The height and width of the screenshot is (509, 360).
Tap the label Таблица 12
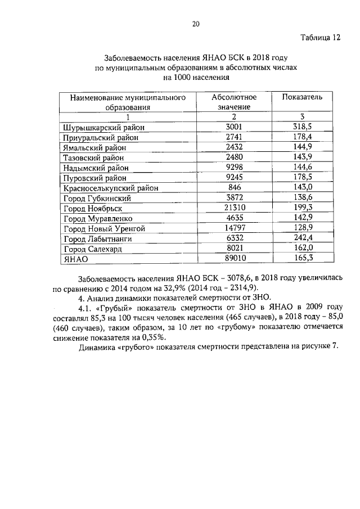tap(320, 38)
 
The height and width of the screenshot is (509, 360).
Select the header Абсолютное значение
tap(234, 101)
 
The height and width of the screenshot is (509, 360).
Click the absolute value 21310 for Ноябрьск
tap(234, 208)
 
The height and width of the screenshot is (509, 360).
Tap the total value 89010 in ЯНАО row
tap(234, 258)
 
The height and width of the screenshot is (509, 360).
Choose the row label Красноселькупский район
tap(110, 188)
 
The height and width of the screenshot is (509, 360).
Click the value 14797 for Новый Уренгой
tap(234, 228)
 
